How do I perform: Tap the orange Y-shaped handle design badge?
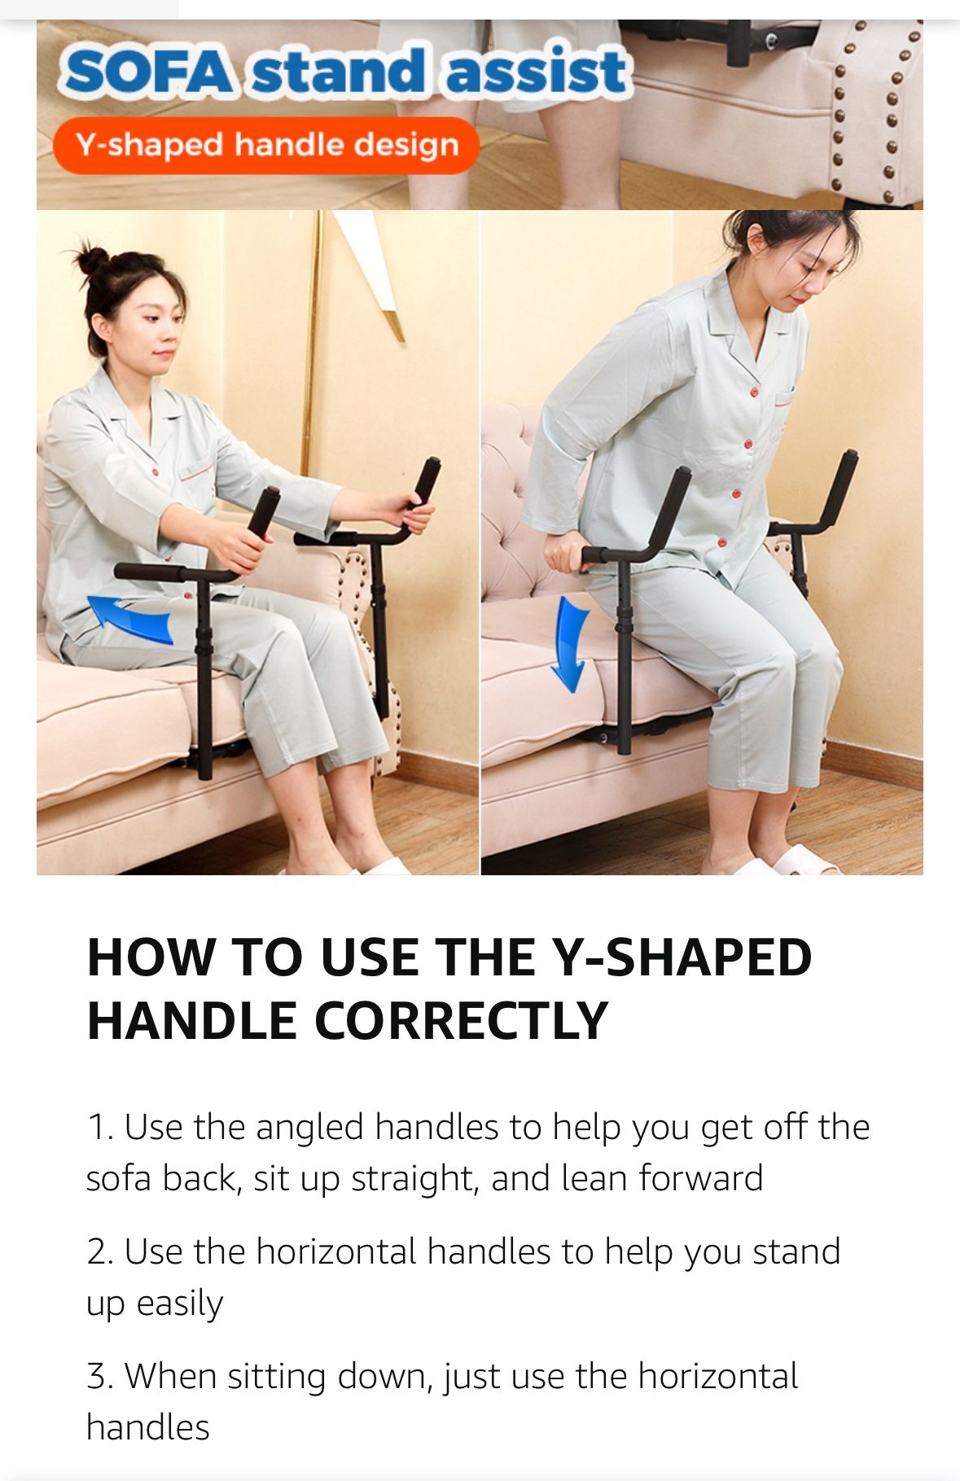266,145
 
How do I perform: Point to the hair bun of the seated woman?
92,261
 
